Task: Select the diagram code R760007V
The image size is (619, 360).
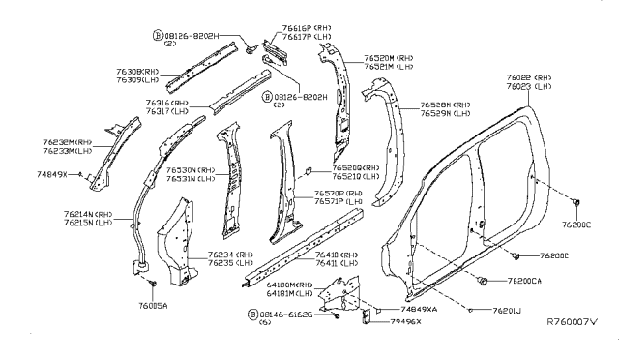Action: tap(573, 321)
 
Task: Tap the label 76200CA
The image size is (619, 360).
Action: tap(525, 280)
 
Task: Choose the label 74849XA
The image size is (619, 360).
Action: tap(419, 309)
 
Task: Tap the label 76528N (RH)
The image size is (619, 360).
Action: tap(446, 105)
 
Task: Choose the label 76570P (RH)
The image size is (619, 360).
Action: tap(338, 195)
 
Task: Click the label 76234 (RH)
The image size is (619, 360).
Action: tap(230, 254)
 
